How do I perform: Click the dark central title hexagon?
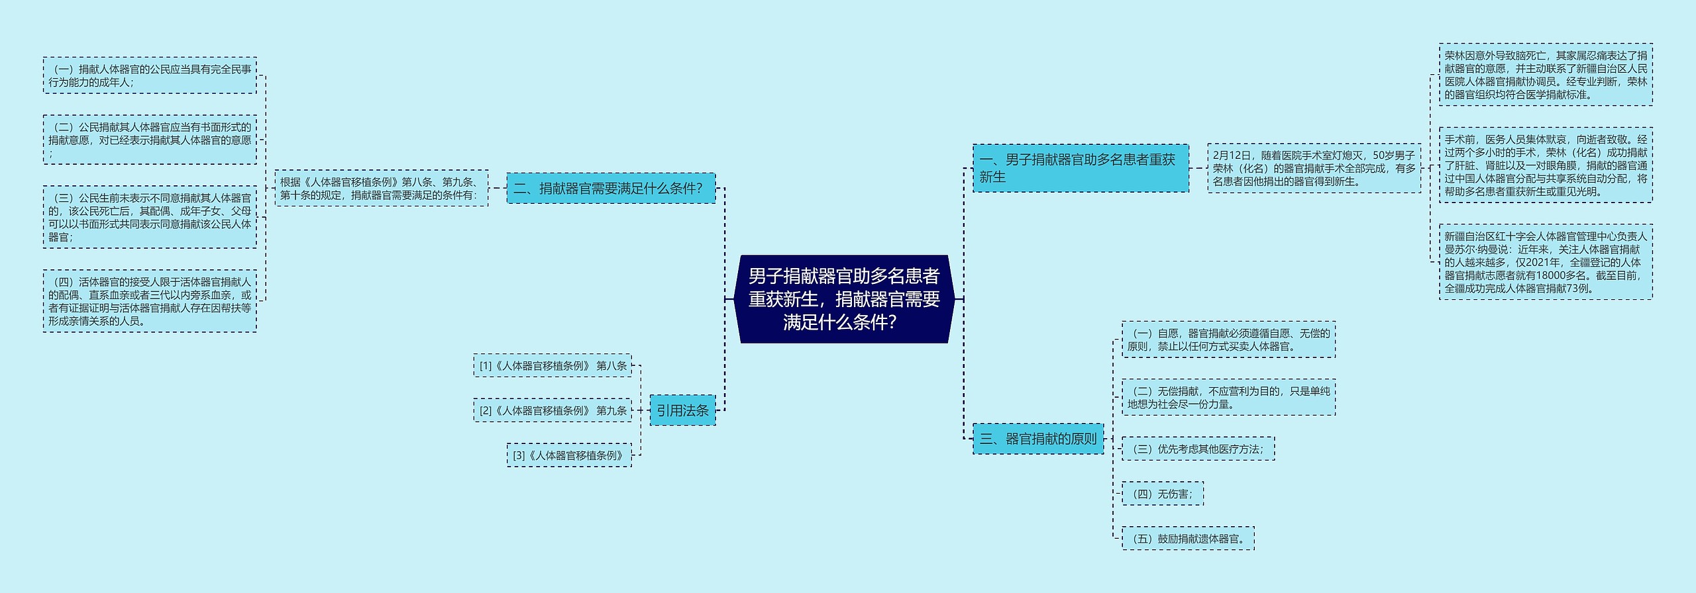click(x=843, y=299)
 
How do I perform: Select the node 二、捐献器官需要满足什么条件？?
click(x=610, y=189)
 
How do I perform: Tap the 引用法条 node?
click(x=682, y=410)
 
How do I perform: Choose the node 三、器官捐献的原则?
click(x=1038, y=439)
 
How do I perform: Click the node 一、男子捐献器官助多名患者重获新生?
click(x=1080, y=168)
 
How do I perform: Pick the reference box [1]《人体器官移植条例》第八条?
click(x=553, y=365)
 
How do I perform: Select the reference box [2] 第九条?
click(x=553, y=410)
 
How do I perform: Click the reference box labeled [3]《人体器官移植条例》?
click(x=569, y=455)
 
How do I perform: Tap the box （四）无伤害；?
click(x=1162, y=494)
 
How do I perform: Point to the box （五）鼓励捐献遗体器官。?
click(x=1188, y=539)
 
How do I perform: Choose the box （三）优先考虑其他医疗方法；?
click(x=1198, y=449)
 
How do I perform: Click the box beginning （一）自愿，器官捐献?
click(x=1228, y=340)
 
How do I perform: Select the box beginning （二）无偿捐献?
click(x=1228, y=398)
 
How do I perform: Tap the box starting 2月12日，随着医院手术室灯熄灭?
click(x=1314, y=168)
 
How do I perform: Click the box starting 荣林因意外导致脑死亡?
click(x=1546, y=75)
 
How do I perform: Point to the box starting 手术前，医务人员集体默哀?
click(x=1546, y=165)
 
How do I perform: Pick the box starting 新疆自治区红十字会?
click(x=1546, y=262)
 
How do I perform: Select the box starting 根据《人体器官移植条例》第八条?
click(x=381, y=189)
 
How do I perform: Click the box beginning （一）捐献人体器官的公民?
click(x=150, y=75)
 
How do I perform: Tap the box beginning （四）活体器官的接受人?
click(x=150, y=301)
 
